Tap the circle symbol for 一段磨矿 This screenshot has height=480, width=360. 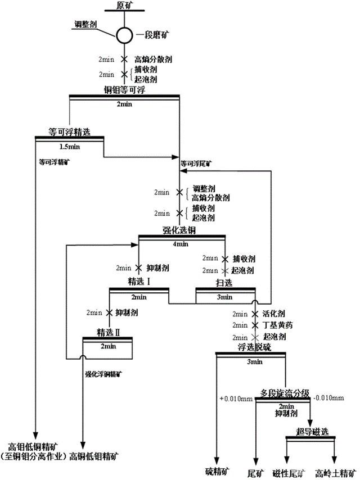tap(124, 36)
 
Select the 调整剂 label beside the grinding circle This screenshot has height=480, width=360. tap(87, 24)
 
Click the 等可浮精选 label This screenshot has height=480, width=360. tap(69, 133)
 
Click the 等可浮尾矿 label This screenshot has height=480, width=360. tap(196, 164)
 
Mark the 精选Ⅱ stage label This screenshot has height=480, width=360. tap(107, 332)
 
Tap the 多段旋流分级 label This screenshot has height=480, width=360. tap(285, 393)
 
